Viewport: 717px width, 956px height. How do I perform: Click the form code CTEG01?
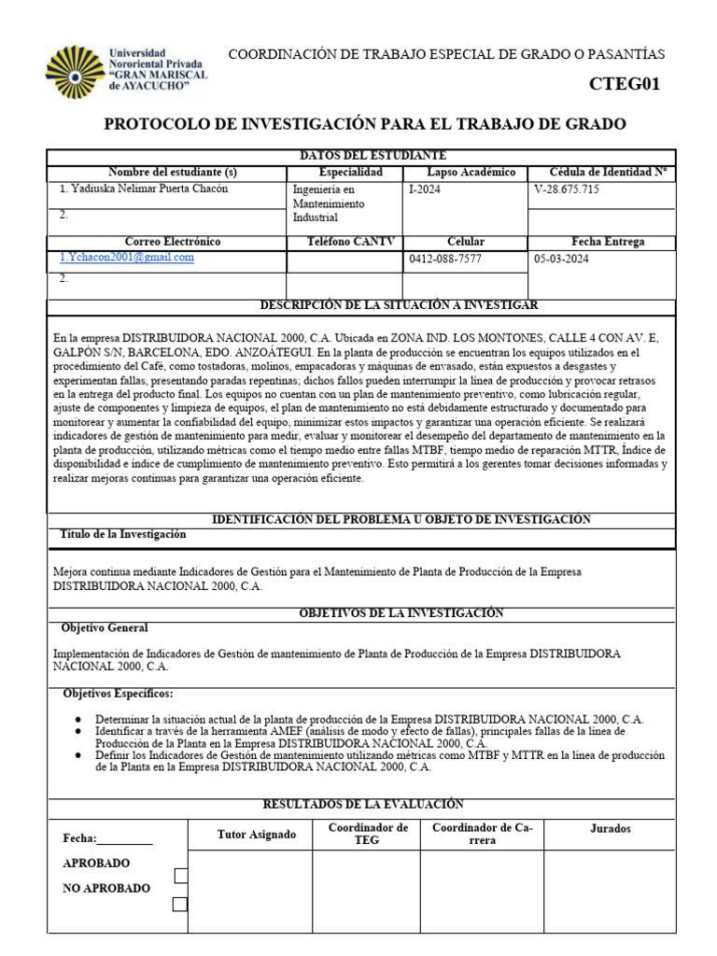coord(624,84)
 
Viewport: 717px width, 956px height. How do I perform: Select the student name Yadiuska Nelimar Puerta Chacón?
coord(144,189)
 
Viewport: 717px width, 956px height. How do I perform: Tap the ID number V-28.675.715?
coord(567,189)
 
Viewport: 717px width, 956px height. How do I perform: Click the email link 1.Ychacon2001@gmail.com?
coord(126,258)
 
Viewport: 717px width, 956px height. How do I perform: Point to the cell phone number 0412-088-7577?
coord(445,259)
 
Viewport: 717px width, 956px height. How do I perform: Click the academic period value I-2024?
coord(426,189)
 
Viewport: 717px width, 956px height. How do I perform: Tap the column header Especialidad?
coord(349,173)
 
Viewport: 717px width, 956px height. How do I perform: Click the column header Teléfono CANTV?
coord(344,242)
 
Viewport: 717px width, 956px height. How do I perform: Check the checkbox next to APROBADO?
coord(180,876)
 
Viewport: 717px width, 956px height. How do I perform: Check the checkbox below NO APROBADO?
coord(180,904)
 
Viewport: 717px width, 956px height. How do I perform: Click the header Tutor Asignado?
coord(256,834)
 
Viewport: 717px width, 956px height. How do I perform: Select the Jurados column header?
coord(611,828)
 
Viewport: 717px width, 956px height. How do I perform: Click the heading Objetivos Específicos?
coord(118,695)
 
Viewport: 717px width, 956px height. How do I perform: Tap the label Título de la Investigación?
coord(122,535)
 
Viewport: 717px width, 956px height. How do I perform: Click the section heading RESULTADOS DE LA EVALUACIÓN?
coord(363,804)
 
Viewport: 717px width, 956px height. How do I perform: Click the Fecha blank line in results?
coord(124,839)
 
